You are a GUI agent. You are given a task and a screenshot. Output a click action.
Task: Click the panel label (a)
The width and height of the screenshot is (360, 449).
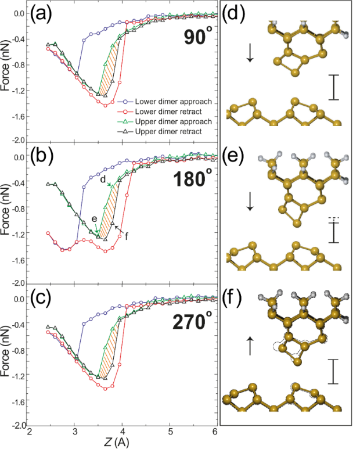pos(43,14)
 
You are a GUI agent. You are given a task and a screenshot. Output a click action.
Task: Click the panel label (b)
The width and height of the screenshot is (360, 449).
pos(43,157)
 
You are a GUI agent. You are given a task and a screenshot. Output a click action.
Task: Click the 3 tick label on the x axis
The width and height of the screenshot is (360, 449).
pos(75,432)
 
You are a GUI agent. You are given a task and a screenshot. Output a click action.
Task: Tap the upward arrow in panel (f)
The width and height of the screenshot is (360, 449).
pos(251,347)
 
